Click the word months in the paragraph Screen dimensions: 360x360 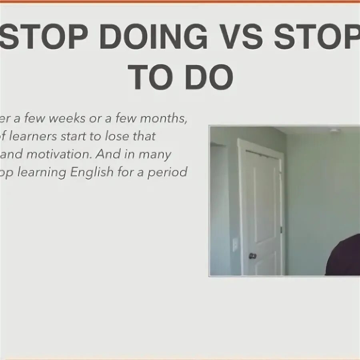click(x=164, y=119)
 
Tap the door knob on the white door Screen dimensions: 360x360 click(x=253, y=256)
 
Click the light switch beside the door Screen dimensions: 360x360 click(x=235, y=244)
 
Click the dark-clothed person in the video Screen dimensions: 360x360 click(x=344, y=256)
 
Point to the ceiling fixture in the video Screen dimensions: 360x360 click(x=334, y=130)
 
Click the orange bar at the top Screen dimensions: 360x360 click(x=180, y=2)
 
